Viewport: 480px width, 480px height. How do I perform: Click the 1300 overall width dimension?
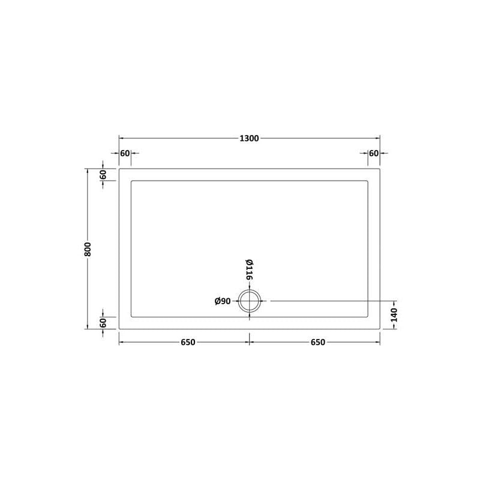pos(249,139)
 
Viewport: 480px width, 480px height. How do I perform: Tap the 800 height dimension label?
pos(88,249)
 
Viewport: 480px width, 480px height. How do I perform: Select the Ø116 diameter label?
pos(249,269)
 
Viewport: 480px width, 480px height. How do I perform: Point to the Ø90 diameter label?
pos(223,301)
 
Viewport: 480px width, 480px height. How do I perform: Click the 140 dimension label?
pos(394,315)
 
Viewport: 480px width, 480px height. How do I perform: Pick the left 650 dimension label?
pos(188,342)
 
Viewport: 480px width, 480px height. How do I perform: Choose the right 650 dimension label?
pos(318,342)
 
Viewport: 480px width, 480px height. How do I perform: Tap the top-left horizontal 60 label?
pos(125,153)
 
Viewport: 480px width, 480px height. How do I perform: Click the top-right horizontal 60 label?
pos(374,153)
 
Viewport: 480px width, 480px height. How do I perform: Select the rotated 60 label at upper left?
pos(103,175)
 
